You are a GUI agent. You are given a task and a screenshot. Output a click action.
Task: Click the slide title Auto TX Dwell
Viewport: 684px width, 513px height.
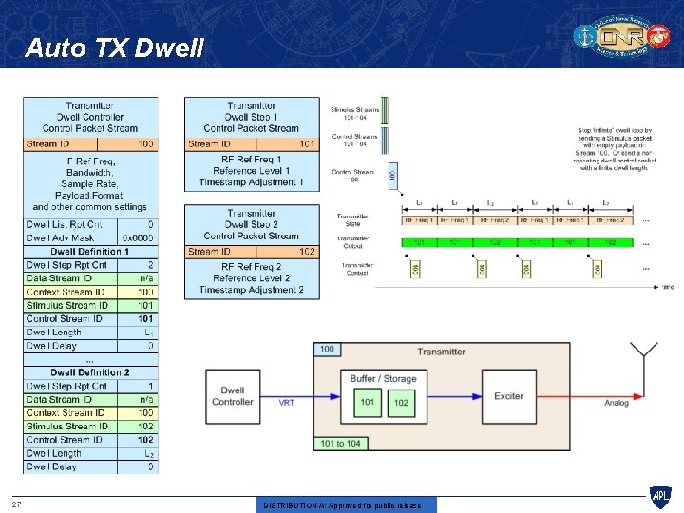click(114, 47)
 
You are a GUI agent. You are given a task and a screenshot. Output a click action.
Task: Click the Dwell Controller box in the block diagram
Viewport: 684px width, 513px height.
click(233, 396)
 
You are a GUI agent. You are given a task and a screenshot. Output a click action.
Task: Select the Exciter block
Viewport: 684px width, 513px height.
click(509, 396)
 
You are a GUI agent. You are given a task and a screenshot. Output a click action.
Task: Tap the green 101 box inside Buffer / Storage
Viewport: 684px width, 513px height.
click(368, 403)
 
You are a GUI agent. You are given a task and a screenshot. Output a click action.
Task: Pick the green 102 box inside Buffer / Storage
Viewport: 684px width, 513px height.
click(401, 403)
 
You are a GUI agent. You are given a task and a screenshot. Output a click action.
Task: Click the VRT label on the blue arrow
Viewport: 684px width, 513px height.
click(287, 403)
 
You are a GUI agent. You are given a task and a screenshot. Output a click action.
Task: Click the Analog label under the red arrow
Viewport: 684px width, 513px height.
click(617, 403)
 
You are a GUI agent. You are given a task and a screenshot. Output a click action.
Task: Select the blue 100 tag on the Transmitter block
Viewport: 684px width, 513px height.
click(328, 350)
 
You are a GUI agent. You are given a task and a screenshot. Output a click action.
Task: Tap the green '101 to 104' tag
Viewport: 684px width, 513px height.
click(341, 443)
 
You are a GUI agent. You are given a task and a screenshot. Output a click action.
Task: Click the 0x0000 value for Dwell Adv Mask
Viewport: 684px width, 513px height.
click(139, 237)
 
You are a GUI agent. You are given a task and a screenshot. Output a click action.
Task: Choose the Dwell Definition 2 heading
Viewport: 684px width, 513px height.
click(90, 372)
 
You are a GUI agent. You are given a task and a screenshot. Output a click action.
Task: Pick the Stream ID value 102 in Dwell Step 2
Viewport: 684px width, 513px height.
click(307, 252)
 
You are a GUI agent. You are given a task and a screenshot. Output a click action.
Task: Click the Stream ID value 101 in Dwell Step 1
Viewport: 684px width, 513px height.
click(307, 144)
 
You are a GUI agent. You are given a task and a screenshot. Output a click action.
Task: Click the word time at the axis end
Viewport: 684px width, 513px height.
click(667, 286)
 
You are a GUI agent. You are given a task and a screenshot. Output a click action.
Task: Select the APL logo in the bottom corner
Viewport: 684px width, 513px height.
click(659, 497)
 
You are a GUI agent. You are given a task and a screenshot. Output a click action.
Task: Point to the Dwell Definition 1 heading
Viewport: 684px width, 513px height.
click(90, 252)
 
